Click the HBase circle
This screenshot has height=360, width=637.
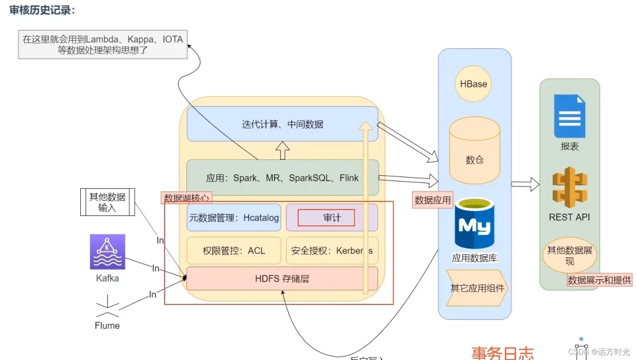click(x=474, y=84)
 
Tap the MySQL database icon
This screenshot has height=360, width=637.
click(x=474, y=224)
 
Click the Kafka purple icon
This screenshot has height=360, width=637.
click(x=107, y=252)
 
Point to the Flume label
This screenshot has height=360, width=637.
click(x=107, y=325)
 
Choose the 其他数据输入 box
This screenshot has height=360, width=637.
click(x=107, y=202)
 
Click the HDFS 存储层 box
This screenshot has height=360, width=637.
click(x=282, y=279)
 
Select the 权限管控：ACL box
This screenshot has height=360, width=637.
click(x=234, y=250)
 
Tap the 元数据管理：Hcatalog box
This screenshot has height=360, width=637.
click(x=234, y=218)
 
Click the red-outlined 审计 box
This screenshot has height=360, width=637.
click(x=326, y=218)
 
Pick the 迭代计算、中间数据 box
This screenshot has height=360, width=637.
click(x=282, y=124)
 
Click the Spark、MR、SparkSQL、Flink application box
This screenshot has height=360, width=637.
click(x=282, y=178)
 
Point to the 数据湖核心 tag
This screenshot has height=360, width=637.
click(x=186, y=198)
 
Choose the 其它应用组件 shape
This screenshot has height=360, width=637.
click(x=475, y=288)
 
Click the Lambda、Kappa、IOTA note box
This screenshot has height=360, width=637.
click(x=103, y=45)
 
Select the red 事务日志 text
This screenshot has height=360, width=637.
click(x=503, y=353)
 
